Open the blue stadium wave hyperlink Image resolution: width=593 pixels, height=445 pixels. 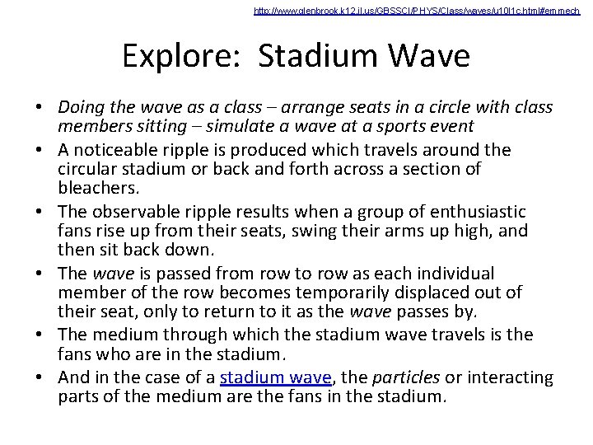point(275,377)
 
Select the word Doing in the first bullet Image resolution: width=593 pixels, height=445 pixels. point(80,108)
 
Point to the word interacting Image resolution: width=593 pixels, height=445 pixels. point(511,377)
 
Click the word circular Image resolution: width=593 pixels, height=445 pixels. point(87,168)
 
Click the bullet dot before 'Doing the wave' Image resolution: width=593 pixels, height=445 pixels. point(40,109)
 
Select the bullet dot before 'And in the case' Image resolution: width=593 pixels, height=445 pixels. point(40,378)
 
